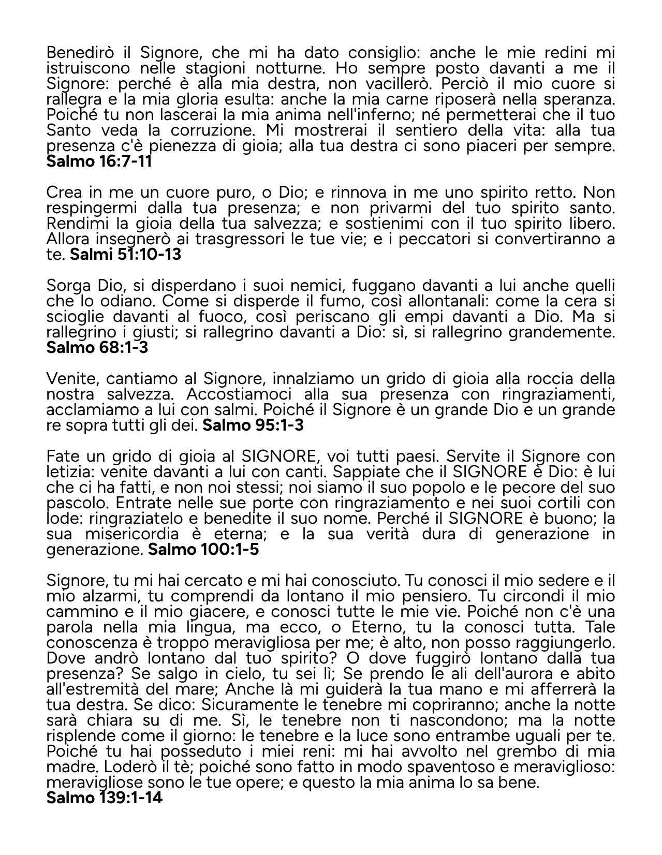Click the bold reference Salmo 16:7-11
point(99,161)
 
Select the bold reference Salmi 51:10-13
point(125,255)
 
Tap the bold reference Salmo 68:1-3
point(97,348)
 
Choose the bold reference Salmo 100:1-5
point(203,550)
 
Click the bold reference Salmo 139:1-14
point(105,798)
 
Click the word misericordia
point(130,534)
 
